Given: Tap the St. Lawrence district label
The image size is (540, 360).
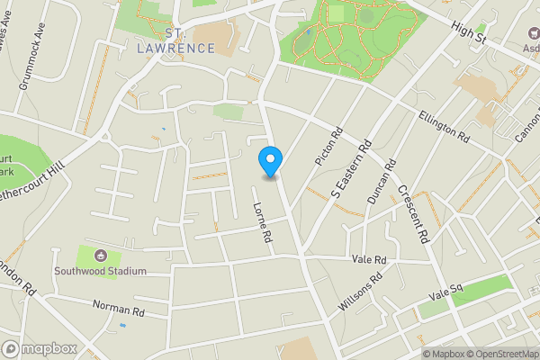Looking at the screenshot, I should pos(175,41).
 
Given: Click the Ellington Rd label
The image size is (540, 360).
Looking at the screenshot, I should pos(445,126).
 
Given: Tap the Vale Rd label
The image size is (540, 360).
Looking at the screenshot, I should pos(369,259).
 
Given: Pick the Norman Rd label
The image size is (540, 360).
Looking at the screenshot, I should pos(119,309).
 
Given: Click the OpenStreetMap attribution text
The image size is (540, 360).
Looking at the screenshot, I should pos(499,353).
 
